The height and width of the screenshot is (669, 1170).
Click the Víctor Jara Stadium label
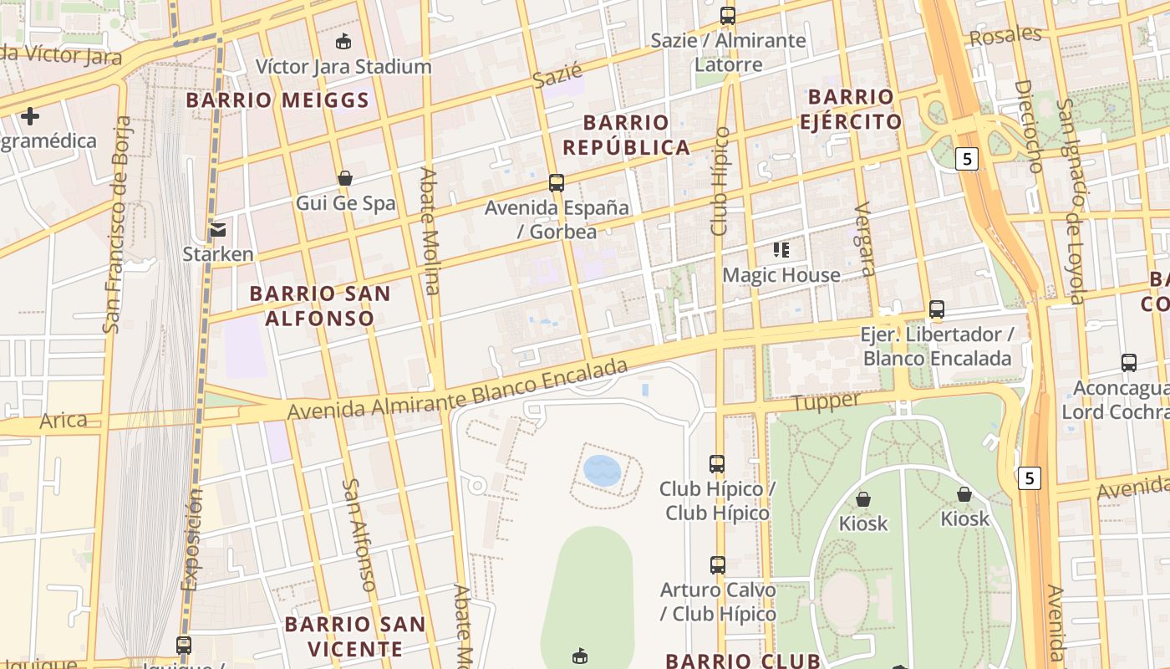(343, 66)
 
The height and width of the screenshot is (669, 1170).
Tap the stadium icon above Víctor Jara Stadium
(343, 41)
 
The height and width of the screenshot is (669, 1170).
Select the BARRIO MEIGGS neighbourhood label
(277, 100)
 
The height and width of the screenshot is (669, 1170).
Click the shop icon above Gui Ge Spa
(344, 178)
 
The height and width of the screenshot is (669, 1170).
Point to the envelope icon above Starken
(218, 229)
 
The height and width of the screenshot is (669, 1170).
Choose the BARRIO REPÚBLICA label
(626, 135)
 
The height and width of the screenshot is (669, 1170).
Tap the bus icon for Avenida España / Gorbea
(557, 182)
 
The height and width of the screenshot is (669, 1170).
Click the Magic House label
(781, 275)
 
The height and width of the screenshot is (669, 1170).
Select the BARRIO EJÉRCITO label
(851, 109)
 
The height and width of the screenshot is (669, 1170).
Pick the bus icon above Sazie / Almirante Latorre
(728, 15)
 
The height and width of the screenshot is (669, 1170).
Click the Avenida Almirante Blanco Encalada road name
(457, 391)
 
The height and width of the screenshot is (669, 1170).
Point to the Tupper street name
(826, 402)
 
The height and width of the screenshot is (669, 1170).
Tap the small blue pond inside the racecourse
(602, 471)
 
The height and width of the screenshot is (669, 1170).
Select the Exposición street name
(191, 539)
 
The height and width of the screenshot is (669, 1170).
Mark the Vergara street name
(865, 238)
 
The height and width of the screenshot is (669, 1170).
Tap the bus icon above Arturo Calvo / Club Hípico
(718, 565)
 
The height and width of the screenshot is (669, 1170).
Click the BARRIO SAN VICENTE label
(355, 636)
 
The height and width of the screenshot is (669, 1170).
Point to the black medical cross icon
(30, 115)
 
